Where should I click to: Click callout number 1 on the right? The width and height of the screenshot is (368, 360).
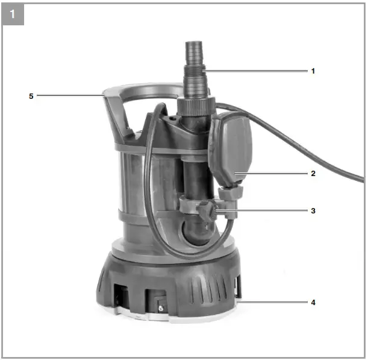[313, 71]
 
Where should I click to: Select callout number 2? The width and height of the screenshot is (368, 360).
[313, 173]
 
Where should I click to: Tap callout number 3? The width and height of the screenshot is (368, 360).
[313, 211]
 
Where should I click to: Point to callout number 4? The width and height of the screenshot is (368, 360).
[313, 302]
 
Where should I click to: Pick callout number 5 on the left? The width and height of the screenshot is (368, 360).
[31, 95]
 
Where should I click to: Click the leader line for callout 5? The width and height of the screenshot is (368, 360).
[69, 95]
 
